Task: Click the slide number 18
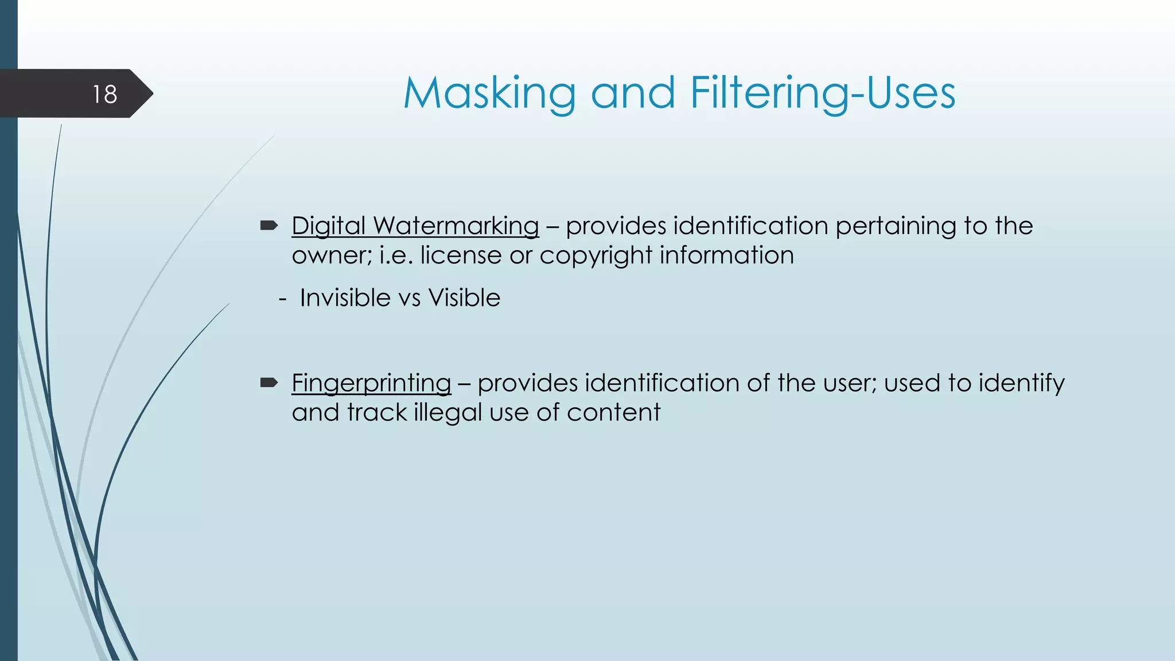[x=104, y=94]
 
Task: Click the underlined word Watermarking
[x=456, y=225]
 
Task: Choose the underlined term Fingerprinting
[x=371, y=383]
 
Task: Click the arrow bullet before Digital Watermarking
[x=269, y=225]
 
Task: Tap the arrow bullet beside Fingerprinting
[x=269, y=383]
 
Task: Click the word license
[x=461, y=255]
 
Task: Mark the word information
[x=727, y=255]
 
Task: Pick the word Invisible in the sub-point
[x=345, y=298]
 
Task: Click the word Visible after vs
[x=464, y=298]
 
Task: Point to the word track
[x=377, y=413]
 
